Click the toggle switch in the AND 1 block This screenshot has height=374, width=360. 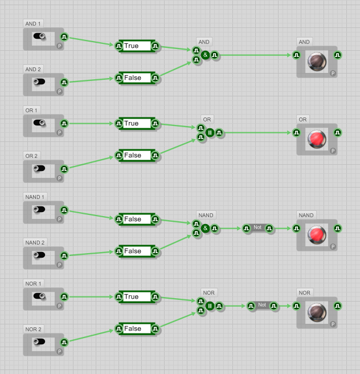point(39,36)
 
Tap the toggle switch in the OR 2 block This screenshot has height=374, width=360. point(39,168)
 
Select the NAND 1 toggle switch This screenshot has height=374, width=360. point(39,209)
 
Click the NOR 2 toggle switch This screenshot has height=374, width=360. point(39,342)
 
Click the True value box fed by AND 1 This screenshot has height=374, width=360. point(137,46)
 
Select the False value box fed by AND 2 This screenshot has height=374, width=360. point(137,78)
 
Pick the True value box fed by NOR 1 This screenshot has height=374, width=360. point(137,296)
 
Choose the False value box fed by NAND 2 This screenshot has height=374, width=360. point(137,251)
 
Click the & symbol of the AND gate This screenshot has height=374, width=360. point(205,55)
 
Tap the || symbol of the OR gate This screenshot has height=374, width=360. point(210,132)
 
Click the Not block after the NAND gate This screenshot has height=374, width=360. point(257,228)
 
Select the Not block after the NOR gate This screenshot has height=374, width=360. point(262,306)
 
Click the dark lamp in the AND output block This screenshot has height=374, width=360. point(317,61)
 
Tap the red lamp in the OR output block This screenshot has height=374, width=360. point(317,139)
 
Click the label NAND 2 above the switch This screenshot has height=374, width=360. point(35,242)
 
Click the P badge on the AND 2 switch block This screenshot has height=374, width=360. point(59,91)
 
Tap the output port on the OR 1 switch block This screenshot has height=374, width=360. point(64,123)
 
